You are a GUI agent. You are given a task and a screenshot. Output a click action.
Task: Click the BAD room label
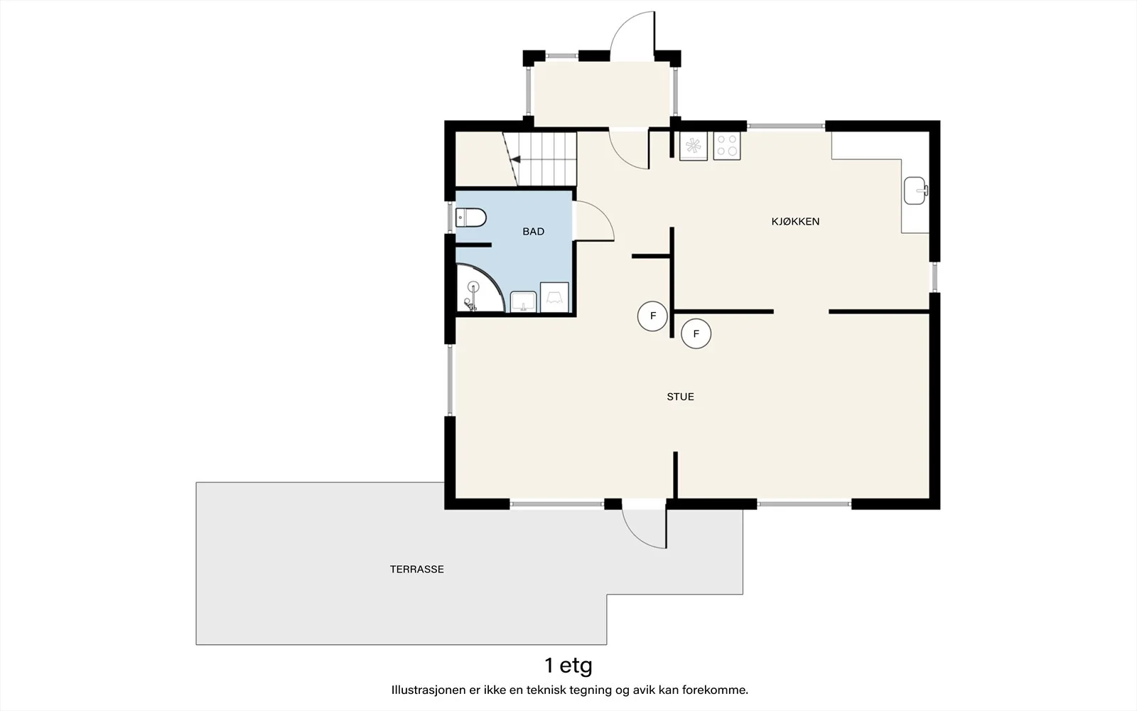coord(533,232)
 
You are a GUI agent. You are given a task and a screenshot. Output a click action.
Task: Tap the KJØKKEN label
coord(795,221)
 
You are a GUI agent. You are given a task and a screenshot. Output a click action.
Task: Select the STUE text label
coord(680,397)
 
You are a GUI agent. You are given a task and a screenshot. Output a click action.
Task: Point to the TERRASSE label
coord(416,570)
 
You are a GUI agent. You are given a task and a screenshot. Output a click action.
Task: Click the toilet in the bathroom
coord(470,218)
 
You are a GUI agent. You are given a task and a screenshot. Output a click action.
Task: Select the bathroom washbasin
coord(523,301)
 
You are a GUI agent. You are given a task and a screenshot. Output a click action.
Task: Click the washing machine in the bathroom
coord(554,297)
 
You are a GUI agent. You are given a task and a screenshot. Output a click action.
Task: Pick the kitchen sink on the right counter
coord(915,191)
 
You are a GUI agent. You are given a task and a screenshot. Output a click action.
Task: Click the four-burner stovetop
coord(727,146)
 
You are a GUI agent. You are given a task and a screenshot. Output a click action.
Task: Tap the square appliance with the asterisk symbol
coord(694,146)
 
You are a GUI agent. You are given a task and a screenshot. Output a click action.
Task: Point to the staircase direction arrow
coord(516,159)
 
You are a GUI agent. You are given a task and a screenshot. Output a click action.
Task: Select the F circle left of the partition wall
coord(653,316)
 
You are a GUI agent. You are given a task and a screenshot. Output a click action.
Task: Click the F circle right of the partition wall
coord(696,333)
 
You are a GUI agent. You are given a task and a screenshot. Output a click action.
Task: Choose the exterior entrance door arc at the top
coord(623,26)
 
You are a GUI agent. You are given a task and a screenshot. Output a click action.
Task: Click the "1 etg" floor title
coord(568,665)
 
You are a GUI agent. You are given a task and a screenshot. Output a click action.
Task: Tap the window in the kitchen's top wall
coord(786,126)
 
